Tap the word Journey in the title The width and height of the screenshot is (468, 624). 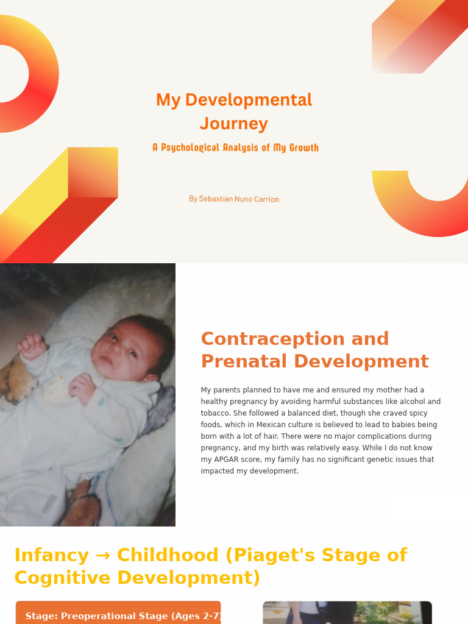(x=234, y=124)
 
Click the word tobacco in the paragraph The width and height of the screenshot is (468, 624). (x=215, y=413)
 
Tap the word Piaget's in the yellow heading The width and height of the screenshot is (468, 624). (x=271, y=556)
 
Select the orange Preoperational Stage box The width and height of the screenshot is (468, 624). (x=118, y=614)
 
